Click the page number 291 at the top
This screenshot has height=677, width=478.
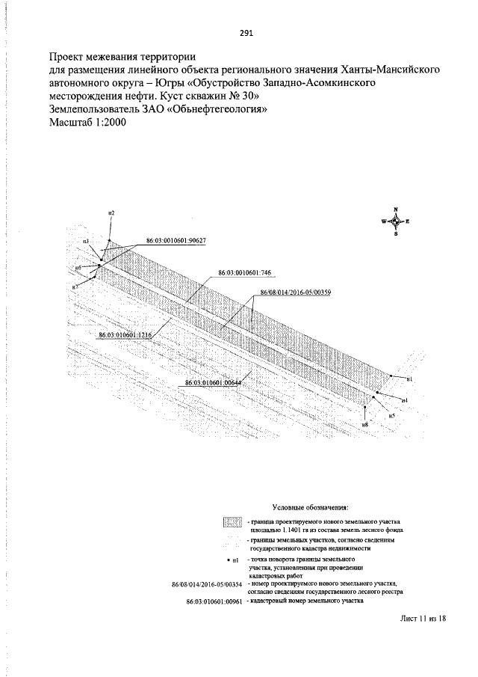click(247, 32)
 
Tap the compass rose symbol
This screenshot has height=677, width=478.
click(395, 221)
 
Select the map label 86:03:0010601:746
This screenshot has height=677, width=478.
click(244, 274)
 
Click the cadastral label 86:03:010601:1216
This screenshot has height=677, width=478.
click(125, 335)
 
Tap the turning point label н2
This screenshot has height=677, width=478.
click(111, 215)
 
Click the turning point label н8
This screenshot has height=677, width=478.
click(364, 424)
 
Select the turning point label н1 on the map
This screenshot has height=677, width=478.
click(409, 380)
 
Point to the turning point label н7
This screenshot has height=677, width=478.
click(75, 287)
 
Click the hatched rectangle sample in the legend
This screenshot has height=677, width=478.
click(233, 522)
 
